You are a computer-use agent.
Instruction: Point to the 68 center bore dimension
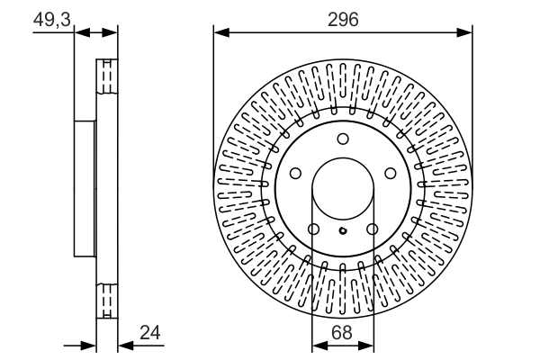point(343,331)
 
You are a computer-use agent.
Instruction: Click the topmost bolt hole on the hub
point(343,139)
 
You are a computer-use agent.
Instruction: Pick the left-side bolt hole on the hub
point(295,173)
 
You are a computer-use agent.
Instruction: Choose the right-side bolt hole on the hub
point(391,173)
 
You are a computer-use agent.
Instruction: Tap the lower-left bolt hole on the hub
point(313,229)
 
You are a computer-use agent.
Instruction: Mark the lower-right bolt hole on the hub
point(373,229)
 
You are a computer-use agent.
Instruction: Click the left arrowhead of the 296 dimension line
point(219,33)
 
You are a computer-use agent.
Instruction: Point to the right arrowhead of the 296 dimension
point(467,33)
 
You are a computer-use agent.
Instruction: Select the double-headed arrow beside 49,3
point(96,33)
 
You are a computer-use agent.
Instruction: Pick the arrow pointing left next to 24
point(125,345)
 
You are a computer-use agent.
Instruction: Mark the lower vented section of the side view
point(107,297)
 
